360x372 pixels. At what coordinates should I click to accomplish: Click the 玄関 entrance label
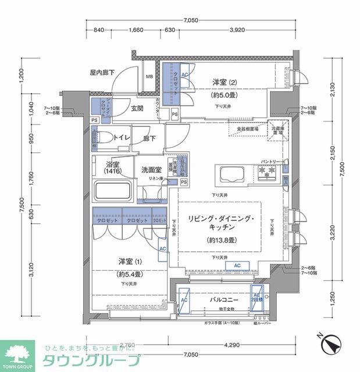[137, 108]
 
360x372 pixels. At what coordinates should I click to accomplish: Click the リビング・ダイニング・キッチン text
[222, 223]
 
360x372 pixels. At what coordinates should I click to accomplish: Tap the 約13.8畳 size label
[222, 239]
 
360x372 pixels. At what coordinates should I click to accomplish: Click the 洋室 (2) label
[224, 82]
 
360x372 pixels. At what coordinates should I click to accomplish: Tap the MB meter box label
[149, 76]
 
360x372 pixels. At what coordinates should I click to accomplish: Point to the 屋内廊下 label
[102, 73]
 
